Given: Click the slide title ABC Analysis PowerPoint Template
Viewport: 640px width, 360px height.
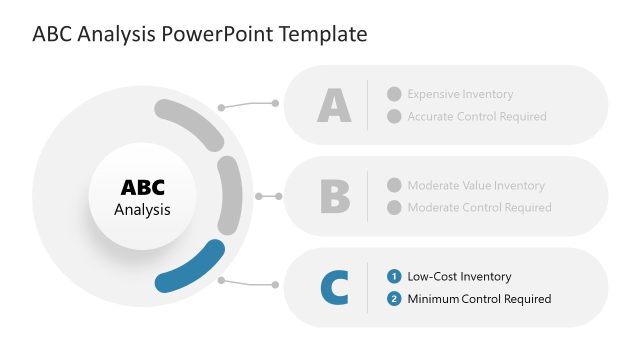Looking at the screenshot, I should (200, 35).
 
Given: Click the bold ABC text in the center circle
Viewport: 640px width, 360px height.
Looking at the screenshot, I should (142, 188).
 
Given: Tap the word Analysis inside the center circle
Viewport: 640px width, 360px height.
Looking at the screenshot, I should (142, 210).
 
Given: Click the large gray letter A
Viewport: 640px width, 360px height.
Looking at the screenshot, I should (334, 105).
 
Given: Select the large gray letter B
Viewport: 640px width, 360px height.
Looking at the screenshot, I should (335, 196).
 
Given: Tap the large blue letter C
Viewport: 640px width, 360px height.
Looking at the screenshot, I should (335, 288).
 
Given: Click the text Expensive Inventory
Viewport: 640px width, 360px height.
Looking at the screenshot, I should (460, 94).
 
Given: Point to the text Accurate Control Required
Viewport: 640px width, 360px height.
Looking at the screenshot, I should (476, 117).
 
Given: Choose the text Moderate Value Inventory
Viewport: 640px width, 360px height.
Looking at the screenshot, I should (475, 185).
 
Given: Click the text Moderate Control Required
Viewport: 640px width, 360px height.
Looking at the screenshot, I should (479, 208).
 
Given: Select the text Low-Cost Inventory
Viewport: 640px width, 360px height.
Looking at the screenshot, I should (459, 277).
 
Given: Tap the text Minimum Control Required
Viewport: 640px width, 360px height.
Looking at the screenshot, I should (479, 299).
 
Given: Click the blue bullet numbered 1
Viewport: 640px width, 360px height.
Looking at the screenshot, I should (394, 277).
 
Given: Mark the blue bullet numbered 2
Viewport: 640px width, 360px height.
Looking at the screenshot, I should (394, 299).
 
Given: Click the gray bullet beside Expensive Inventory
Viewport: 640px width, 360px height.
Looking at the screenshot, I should (394, 94).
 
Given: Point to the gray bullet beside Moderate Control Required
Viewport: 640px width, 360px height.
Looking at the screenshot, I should (394, 208).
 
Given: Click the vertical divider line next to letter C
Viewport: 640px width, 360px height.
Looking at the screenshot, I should (368, 288).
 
